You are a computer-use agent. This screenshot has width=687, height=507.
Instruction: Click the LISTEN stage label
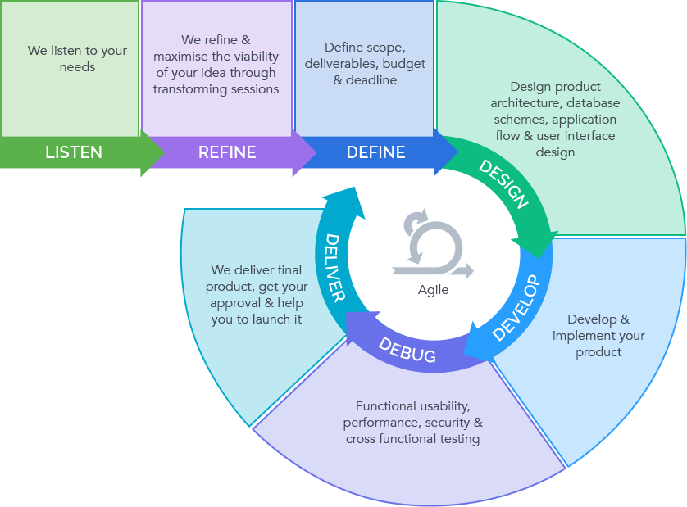[x=74, y=152]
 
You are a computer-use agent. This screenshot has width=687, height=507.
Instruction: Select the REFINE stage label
[x=227, y=152]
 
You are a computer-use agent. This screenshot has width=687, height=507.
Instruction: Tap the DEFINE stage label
[x=375, y=152]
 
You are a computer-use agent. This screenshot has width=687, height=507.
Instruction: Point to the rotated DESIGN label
[x=503, y=184]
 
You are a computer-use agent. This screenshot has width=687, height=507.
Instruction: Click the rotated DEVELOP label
[x=516, y=308]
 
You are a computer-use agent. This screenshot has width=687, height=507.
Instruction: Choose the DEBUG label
[x=407, y=350]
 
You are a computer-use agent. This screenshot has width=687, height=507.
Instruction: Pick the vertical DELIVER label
[x=334, y=268]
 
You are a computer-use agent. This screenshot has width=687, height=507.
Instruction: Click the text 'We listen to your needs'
[x=77, y=58]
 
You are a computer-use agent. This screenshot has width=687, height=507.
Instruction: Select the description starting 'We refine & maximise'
[x=216, y=65]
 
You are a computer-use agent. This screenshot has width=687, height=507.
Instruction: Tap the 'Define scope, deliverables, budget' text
[x=365, y=64]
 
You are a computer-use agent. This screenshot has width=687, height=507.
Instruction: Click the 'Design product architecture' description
[x=555, y=119]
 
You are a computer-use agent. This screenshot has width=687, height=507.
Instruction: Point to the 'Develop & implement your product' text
[x=598, y=336]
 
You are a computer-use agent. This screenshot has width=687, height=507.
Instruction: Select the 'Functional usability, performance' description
[x=412, y=423]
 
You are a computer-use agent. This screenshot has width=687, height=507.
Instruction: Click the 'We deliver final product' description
[x=256, y=295]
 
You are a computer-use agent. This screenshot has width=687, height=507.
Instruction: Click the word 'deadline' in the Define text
[x=371, y=80]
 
